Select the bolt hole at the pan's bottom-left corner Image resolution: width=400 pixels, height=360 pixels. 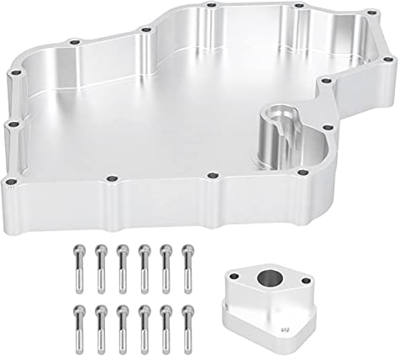click(x=10, y=181)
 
